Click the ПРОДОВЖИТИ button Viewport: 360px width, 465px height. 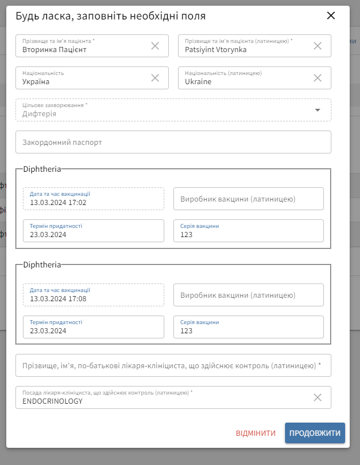315,433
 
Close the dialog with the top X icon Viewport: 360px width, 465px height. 331,15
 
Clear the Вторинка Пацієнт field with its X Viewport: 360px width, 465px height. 155,46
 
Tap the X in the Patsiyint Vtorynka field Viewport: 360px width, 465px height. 318,46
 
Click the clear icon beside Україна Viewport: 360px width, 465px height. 155,78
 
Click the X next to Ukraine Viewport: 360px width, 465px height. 318,78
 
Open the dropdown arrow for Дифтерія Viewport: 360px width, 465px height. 318,110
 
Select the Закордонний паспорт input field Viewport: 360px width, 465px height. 173,142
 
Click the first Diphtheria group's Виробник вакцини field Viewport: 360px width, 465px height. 248,199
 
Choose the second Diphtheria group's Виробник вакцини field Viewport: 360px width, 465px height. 248,295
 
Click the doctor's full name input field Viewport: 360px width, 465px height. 173,365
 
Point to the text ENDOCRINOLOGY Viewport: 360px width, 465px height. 53,401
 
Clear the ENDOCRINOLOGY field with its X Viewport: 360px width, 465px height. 318,397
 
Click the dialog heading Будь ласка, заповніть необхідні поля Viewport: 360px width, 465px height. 110,16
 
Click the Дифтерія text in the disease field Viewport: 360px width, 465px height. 39,114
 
